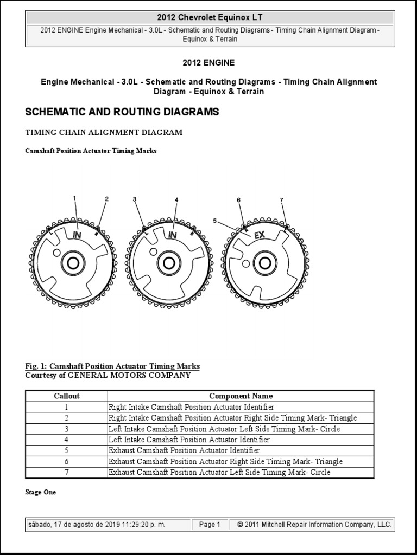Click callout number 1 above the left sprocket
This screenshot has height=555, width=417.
pyautogui.click(x=74, y=198)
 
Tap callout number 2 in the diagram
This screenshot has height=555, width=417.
pyautogui.click(x=107, y=199)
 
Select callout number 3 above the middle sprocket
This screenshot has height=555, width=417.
pyautogui.click(x=134, y=199)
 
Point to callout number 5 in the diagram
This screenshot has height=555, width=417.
pyautogui.click(x=215, y=221)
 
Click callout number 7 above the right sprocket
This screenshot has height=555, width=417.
pyautogui.click(x=282, y=200)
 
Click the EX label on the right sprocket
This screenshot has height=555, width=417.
pyautogui.click(x=260, y=235)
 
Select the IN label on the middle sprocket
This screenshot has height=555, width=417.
pyautogui.click(x=173, y=235)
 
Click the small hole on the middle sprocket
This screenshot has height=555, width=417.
pyautogui.click(x=154, y=250)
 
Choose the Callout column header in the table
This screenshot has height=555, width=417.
pyautogui.click(x=67, y=396)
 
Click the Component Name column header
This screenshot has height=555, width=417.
pyautogui.click(x=241, y=396)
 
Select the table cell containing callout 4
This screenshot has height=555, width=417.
pyautogui.click(x=67, y=440)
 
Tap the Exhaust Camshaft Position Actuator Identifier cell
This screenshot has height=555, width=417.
pyautogui.click(x=185, y=450)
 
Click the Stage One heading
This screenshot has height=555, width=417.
pyautogui.click(x=40, y=492)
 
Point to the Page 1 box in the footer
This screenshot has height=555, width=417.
pyautogui.click(x=210, y=525)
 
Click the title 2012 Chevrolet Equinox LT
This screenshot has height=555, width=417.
pyautogui.click(x=209, y=18)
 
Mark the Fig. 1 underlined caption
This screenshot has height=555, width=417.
pyautogui.click(x=112, y=366)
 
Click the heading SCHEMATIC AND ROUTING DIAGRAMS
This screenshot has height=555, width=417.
pyautogui.click(x=122, y=112)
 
